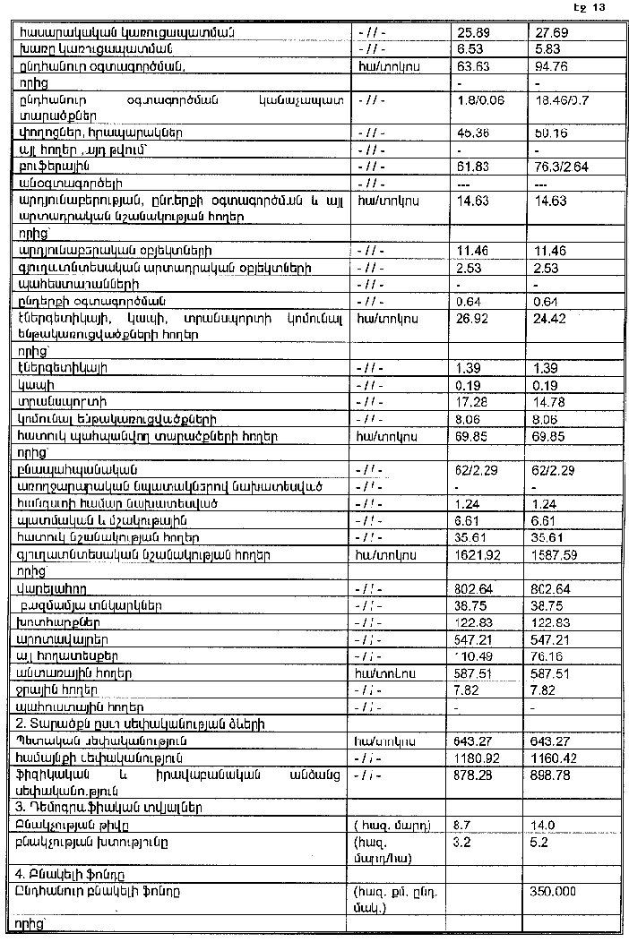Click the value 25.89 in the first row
tap(470, 32)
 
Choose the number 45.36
tap(470, 133)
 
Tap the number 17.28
tap(470, 401)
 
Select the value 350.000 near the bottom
tap(554, 891)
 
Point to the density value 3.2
tap(464, 842)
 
